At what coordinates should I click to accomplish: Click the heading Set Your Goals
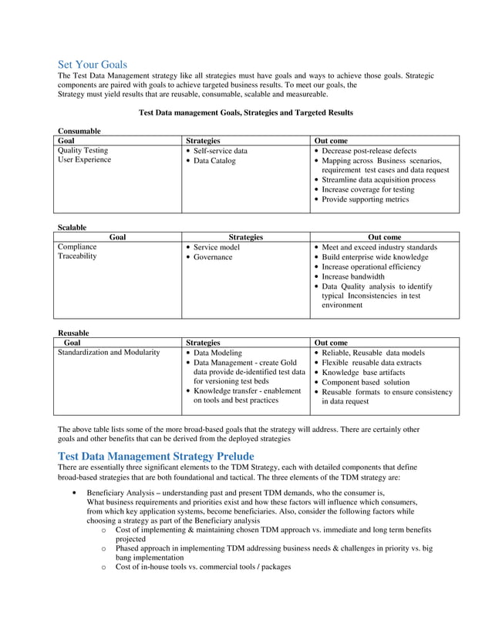click(x=93, y=65)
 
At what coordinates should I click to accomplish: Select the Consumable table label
click(x=79, y=132)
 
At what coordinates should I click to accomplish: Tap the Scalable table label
click(x=72, y=227)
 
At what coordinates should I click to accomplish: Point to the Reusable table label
click(x=74, y=333)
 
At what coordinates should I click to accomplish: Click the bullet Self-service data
click(x=221, y=151)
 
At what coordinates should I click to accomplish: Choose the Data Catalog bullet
click(x=214, y=161)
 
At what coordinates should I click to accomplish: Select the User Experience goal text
click(x=85, y=160)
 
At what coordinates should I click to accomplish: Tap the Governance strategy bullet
click(x=213, y=257)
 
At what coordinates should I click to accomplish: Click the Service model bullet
click(x=217, y=247)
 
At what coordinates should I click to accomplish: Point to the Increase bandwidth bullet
click(x=353, y=276)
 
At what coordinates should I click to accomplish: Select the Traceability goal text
click(x=78, y=256)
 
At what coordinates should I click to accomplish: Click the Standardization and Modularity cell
click(x=110, y=353)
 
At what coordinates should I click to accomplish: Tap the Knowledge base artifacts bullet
click(x=363, y=373)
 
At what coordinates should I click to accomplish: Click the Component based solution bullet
click(x=366, y=382)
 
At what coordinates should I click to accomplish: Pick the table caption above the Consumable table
click(x=245, y=112)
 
